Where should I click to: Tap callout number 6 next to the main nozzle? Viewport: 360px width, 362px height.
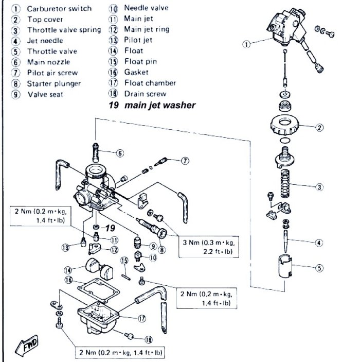[x=120, y=153]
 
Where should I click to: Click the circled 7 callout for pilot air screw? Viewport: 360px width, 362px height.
[x=184, y=161]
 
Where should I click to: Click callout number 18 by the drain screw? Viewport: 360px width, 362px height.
[x=149, y=339]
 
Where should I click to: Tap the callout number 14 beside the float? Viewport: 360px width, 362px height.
[x=67, y=270]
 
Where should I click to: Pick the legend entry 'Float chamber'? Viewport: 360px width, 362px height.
[x=150, y=83]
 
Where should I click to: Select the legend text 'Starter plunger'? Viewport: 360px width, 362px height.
[x=54, y=83]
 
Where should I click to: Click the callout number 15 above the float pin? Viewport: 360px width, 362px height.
[x=123, y=261]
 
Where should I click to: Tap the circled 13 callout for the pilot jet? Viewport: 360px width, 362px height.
[x=65, y=248]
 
